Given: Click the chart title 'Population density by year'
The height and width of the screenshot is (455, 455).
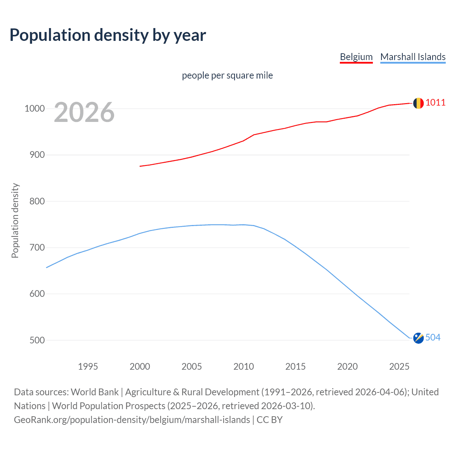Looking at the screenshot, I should point(108,35).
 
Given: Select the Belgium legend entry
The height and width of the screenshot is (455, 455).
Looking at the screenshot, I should point(356,57).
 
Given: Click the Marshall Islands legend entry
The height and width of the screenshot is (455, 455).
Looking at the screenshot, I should point(413,57).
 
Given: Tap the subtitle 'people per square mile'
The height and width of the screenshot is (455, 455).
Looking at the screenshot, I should point(227,75).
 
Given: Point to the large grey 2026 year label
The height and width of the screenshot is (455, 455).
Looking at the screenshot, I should point(84,112).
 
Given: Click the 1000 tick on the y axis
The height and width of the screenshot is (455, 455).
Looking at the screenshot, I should point(34,109).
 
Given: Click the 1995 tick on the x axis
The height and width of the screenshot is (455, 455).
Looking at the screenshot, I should point(88,366).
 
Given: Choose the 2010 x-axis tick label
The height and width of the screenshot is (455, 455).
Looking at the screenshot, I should point(243,366).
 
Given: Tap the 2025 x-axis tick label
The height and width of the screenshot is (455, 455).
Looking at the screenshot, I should point(399,366).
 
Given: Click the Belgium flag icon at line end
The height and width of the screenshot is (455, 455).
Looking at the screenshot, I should point(418,103).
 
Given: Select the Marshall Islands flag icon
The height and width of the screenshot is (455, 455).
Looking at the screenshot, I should point(418,338).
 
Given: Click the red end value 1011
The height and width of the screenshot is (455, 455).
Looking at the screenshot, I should point(435,103).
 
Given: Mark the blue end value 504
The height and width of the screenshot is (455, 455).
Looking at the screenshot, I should point(433,337).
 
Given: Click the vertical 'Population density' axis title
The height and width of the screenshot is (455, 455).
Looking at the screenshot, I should point(15,220).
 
